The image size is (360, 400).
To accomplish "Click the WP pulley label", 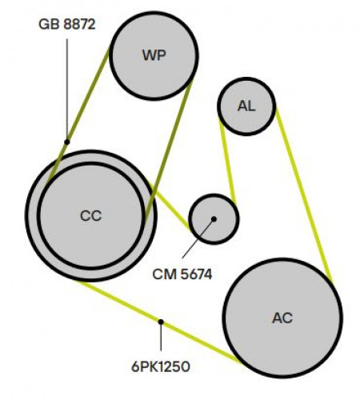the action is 154,55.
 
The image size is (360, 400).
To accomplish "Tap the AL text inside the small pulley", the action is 246,106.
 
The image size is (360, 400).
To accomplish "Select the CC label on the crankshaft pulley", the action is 90,216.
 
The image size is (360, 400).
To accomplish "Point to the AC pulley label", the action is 282,318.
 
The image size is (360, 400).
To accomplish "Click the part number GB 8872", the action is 67,24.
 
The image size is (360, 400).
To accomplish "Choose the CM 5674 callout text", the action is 182,274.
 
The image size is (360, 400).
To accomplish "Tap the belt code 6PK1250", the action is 161,366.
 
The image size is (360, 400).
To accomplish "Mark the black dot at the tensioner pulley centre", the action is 214,219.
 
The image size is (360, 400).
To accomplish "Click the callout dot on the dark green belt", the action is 67,142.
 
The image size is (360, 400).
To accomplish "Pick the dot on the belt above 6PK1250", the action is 161,322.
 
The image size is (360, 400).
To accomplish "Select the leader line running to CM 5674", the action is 198,239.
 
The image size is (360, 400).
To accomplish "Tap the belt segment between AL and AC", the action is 304,195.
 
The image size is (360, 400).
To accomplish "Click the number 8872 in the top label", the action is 79,24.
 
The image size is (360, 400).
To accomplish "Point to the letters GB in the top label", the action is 49,24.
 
